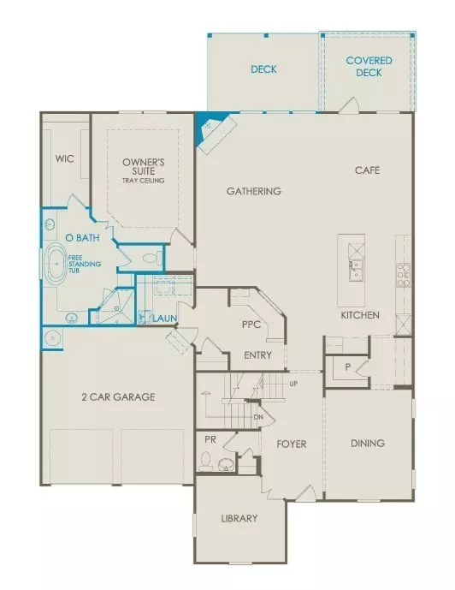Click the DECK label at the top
point(263,69)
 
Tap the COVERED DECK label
point(369,67)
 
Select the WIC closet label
point(65,158)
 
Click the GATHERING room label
point(254,191)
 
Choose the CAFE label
point(367,170)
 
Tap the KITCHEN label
point(360,315)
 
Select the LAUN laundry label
point(165,319)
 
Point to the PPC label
point(251,325)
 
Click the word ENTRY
point(258,355)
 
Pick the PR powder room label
point(210,439)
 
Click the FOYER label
point(291,444)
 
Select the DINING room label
point(368,444)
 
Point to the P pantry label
point(347,366)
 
